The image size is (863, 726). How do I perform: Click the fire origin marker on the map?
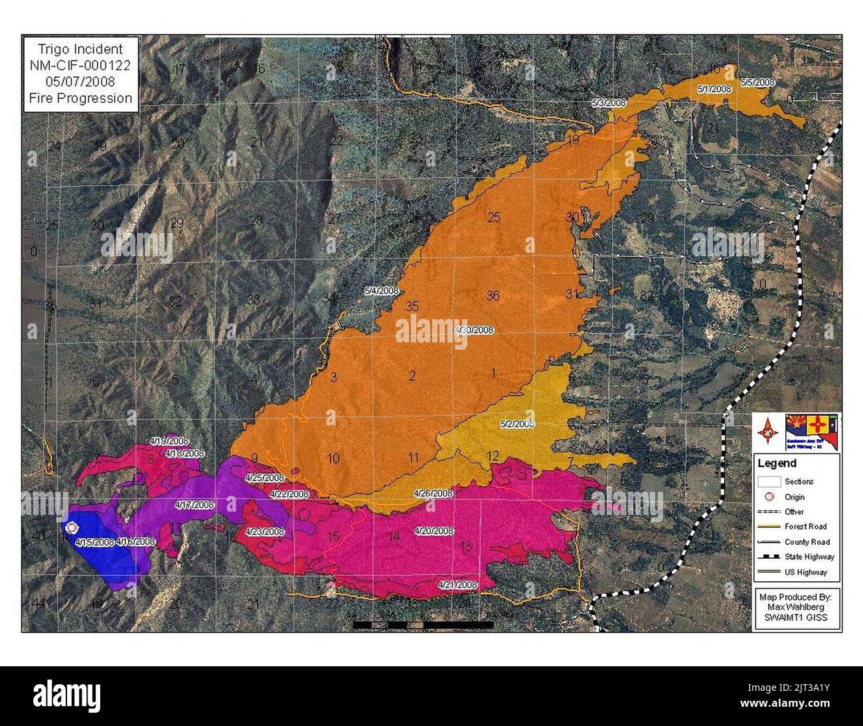(x=71, y=528)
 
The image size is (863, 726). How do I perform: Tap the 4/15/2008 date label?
(x=95, y=542)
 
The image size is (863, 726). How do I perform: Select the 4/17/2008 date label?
(x=195, y=504)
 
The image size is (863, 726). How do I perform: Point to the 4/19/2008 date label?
(x=169, y=441)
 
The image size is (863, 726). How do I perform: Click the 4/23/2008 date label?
(x=264, y=532)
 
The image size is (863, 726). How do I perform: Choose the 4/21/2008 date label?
(x=457, y=585)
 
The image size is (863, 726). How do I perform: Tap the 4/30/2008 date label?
(x=473, y=330)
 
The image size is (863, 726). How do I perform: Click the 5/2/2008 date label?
(x=516, y=423)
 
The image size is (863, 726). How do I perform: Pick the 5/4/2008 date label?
(x=381, y=291)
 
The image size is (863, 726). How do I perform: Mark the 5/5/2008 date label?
(x=758, y=82)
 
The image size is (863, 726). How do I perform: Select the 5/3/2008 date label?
(x=609, y=103)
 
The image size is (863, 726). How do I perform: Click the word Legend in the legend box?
(x=777, y=464)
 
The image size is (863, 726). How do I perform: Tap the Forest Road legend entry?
(x=805, y=527)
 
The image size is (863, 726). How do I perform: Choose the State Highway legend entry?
(x=809, y=557)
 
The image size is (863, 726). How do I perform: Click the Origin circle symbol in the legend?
(x=771, y=497)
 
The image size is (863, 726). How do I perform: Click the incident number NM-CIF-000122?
(x=80, y=65)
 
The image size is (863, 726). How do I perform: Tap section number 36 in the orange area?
(x=493, y=296)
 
